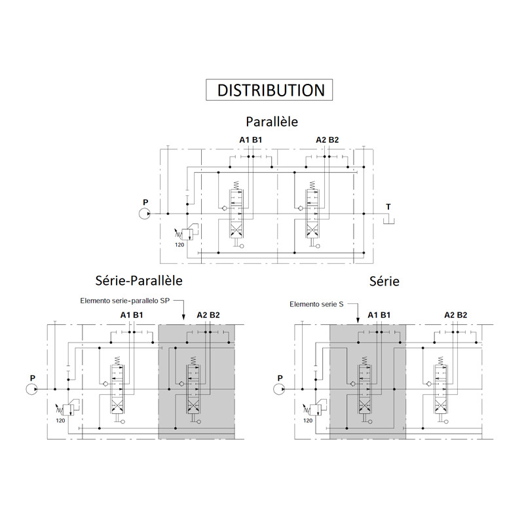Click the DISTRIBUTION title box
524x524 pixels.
[x=269, y=90]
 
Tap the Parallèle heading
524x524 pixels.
[x=272, y=122]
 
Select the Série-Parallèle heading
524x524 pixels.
[x=139, y=280]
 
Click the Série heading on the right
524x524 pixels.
[x=384, y=281]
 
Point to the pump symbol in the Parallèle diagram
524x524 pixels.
[x=145, y=214]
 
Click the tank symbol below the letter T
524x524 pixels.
[x=388, y=220]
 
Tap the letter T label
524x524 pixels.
[x=388, y=207]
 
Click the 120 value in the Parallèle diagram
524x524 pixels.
[x=179, y=244]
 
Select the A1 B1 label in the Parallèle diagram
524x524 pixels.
[x=251, y=140]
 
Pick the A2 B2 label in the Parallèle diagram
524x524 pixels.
[x=327, y=140]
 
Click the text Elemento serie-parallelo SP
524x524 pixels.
[x=124, y=301]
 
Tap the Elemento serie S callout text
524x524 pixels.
[x=316, y=304]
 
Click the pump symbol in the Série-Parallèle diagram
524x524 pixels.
[x=31, y=389]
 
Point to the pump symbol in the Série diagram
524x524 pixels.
[x=279, y=389]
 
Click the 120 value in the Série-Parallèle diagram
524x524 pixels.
[x=60, y=421]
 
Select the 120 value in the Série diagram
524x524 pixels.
[x=308, y=421]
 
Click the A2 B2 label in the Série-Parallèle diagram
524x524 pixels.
[x=208, y=315]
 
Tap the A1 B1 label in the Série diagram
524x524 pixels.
[x=379, y=315]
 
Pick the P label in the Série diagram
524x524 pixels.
[x=280, y=378]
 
